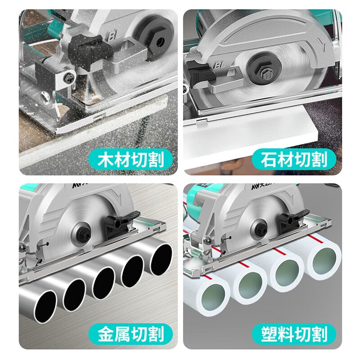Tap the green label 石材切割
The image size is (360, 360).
click(294, 158)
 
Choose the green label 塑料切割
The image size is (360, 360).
click(294, 334)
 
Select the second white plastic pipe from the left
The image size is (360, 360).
click(248, 287)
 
